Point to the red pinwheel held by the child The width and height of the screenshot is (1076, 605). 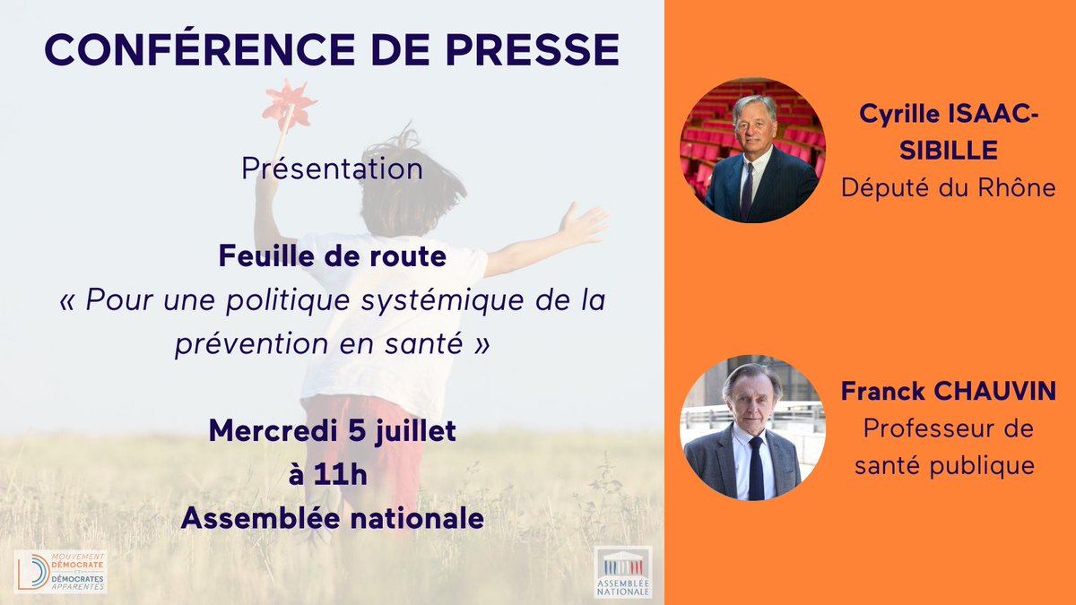pyautogui.click(x=289, y=105)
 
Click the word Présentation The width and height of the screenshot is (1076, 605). pyautogui.click(x=332, y=169)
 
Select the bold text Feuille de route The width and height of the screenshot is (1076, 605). pyautogui.click(x=332, y=258)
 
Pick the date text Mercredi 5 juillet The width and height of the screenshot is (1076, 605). pyautogui.click(x=332, y=431)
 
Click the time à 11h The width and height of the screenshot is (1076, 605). pyautogui.click(x=328, y=475)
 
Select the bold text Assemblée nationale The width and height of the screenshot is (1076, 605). pyautogui.click(x=332, y=518)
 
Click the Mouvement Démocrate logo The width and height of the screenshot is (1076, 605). pyautogui.click(x=61, y=571)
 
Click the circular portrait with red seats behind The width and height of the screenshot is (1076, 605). pyautogui.click(x=751, y=151)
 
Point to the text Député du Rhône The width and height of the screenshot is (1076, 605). pyautogui.click(x=948, y=188)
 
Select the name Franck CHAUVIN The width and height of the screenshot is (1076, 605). pyautogui.click(x=948, y=391)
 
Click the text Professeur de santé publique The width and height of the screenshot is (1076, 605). pyautogui.click(x=948, y=446)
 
